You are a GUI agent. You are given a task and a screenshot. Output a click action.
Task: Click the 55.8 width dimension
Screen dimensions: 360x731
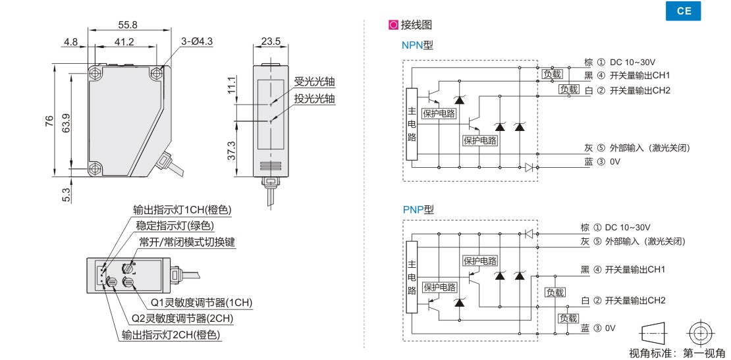[128, 25]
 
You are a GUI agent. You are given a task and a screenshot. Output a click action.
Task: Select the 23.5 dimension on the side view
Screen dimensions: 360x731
[270, 41]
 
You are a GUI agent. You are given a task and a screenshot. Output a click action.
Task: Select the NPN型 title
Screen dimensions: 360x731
[418, 45]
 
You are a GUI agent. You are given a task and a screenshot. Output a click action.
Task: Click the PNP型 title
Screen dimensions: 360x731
[418, 209]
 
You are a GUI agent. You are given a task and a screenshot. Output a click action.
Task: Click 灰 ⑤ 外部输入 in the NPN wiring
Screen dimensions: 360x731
[637, 147]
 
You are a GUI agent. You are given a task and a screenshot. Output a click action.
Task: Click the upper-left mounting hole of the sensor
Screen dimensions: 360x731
[97, 70]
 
